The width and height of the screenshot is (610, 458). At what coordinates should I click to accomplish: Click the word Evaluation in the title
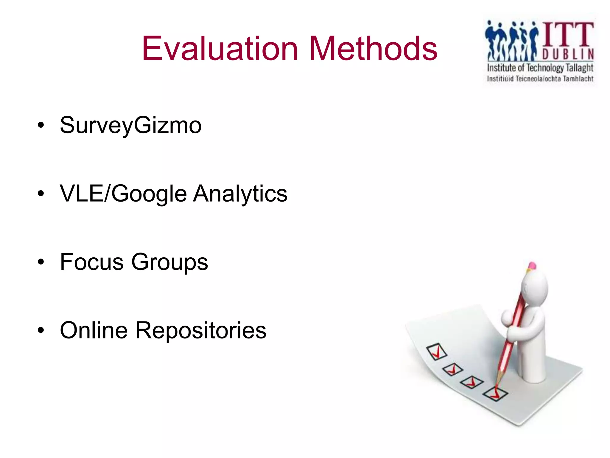[x=220, y=49]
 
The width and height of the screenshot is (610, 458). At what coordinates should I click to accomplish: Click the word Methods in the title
[x=373, y=49]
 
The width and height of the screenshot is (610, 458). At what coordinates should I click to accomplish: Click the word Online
[x=94, y=330]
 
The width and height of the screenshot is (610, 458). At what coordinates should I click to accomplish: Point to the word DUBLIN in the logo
[x=568, y=54]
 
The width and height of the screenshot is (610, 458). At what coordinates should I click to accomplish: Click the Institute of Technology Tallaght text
[x=540, y=68]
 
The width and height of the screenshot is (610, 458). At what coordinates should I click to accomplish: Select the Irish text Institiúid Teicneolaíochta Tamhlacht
[x=540, y=79]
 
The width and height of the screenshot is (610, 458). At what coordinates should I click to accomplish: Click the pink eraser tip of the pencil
[x=532, y=265]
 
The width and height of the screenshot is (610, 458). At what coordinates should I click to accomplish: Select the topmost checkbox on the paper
[x=437, y=352]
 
